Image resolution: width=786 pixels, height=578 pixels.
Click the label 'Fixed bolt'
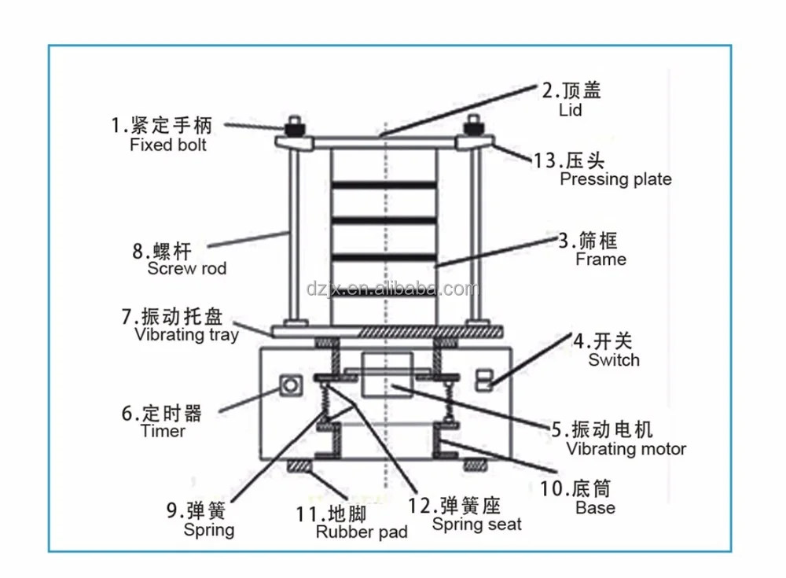[x=168, y=145]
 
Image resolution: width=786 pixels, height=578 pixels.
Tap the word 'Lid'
[x=570, y=110]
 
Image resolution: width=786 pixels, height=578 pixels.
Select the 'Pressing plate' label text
[x=615, y=179]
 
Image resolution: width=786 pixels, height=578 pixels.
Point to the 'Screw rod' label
[x=187, y=269]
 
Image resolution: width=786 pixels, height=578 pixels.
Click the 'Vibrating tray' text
[x=186, y=335]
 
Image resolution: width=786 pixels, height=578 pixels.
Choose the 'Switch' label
[x=614, y=360]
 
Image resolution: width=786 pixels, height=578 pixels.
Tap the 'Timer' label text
[x=163, y=431]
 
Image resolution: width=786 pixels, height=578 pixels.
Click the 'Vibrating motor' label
[x=626, y=449]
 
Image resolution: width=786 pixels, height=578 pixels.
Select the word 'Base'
[x=595, y=508]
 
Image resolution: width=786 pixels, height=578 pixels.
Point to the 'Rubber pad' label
[x=362, y=532]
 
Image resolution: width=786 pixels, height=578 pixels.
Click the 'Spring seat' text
[x=476, y=525]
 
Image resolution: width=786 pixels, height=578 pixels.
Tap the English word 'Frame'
[x=601, y=260]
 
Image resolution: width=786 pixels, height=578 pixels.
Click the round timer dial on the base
[x=291, y=386]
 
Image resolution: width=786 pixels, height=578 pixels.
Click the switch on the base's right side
[x=485, y=379]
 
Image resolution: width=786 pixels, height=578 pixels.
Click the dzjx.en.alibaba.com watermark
[x=393, y=289]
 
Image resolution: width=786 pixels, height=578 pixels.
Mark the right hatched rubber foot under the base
[x=476, y=466]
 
